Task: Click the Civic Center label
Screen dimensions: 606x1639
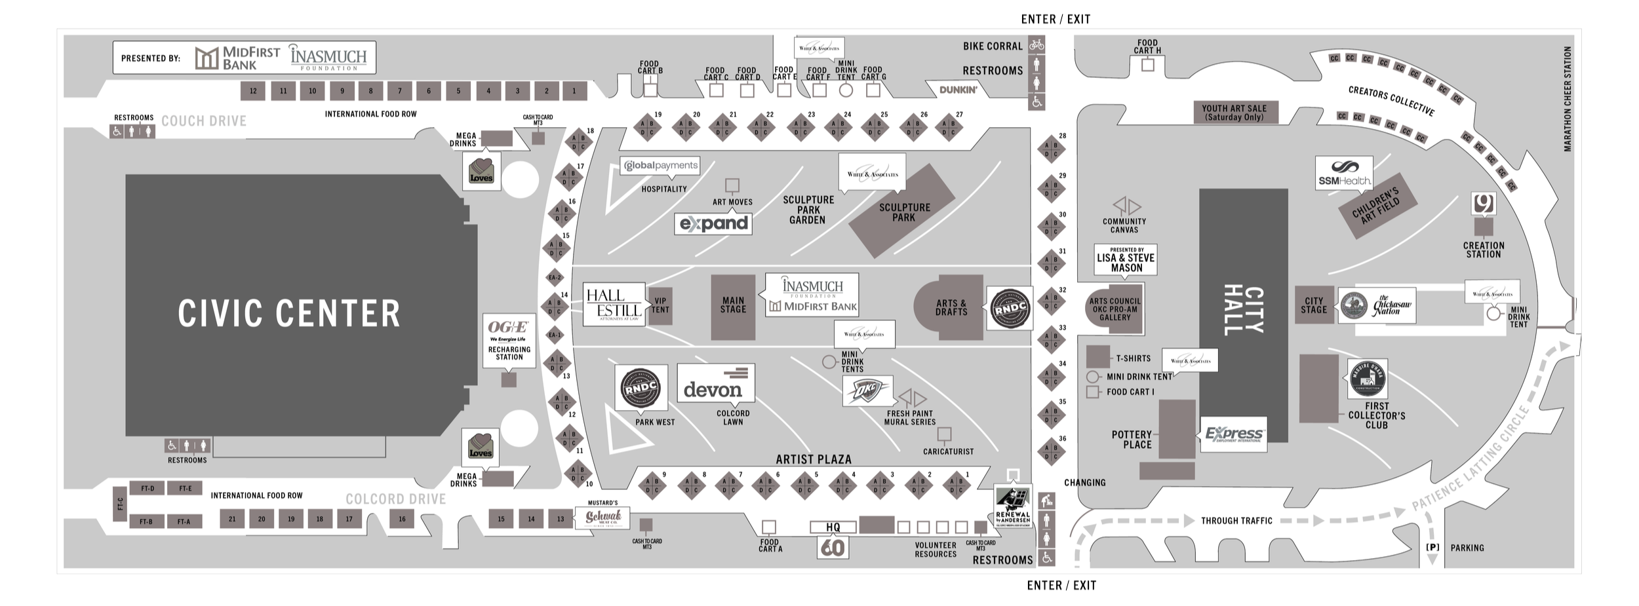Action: [x=288, y=312]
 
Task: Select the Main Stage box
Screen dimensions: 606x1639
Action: [x=733, y=306]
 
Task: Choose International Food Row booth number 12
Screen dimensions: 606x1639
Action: [x=253, y=91]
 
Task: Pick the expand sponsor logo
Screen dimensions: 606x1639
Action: [x=713, y=223]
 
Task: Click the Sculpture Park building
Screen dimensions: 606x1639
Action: [x=902, y=211]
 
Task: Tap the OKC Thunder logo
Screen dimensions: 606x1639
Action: [x=867, y=391]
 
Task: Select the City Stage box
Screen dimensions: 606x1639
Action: [x=1314, y=305]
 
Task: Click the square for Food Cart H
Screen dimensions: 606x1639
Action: [x=1147, y=65]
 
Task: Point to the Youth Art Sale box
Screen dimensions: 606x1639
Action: [x=1234, y=113]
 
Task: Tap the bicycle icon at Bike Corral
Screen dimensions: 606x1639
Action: [x=1037, y=45]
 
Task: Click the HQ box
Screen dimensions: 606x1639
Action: [x=833, y=527]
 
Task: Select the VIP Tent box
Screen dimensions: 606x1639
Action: [x=660, y=306]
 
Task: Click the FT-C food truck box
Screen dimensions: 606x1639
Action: [x=119, y=504]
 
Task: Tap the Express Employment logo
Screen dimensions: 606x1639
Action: [x=1233, y=434]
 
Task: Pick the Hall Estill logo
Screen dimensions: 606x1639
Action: [x=613, y=305]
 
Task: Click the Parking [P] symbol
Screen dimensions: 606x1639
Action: [x=1432, y=548]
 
